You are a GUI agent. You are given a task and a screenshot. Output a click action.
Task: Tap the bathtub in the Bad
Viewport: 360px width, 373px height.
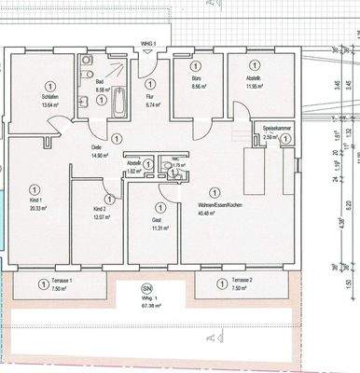118,102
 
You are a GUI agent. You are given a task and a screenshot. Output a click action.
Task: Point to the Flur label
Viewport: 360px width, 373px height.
149,95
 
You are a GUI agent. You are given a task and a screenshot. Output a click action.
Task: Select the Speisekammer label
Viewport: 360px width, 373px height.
272,129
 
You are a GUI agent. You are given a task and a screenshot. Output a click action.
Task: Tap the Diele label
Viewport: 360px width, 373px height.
96,148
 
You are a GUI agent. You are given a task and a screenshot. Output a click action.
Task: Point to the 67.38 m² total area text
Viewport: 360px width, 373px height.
145,302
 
